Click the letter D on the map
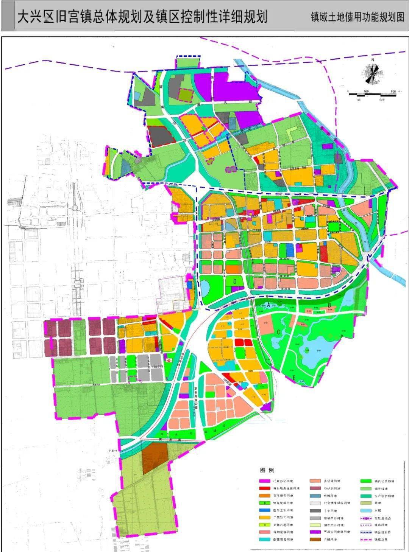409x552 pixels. click(x=235, y=281)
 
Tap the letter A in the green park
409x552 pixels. click(x=269, y=305)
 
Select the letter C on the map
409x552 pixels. click(x=278, y=332)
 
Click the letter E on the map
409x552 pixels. click(x=294, y=377)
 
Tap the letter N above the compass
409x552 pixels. click(x=373, y=60)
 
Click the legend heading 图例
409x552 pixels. click(x=267, y=470)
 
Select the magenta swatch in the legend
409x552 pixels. click(x=264, y=481)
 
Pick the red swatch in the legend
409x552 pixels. click(x=264, y=488)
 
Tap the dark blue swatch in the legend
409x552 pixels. click(x=264, y=510)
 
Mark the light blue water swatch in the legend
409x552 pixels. click(x=366, y=510)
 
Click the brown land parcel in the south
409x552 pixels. click(x=155, y=458)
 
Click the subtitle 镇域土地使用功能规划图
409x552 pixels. click(x=357, y=17)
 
